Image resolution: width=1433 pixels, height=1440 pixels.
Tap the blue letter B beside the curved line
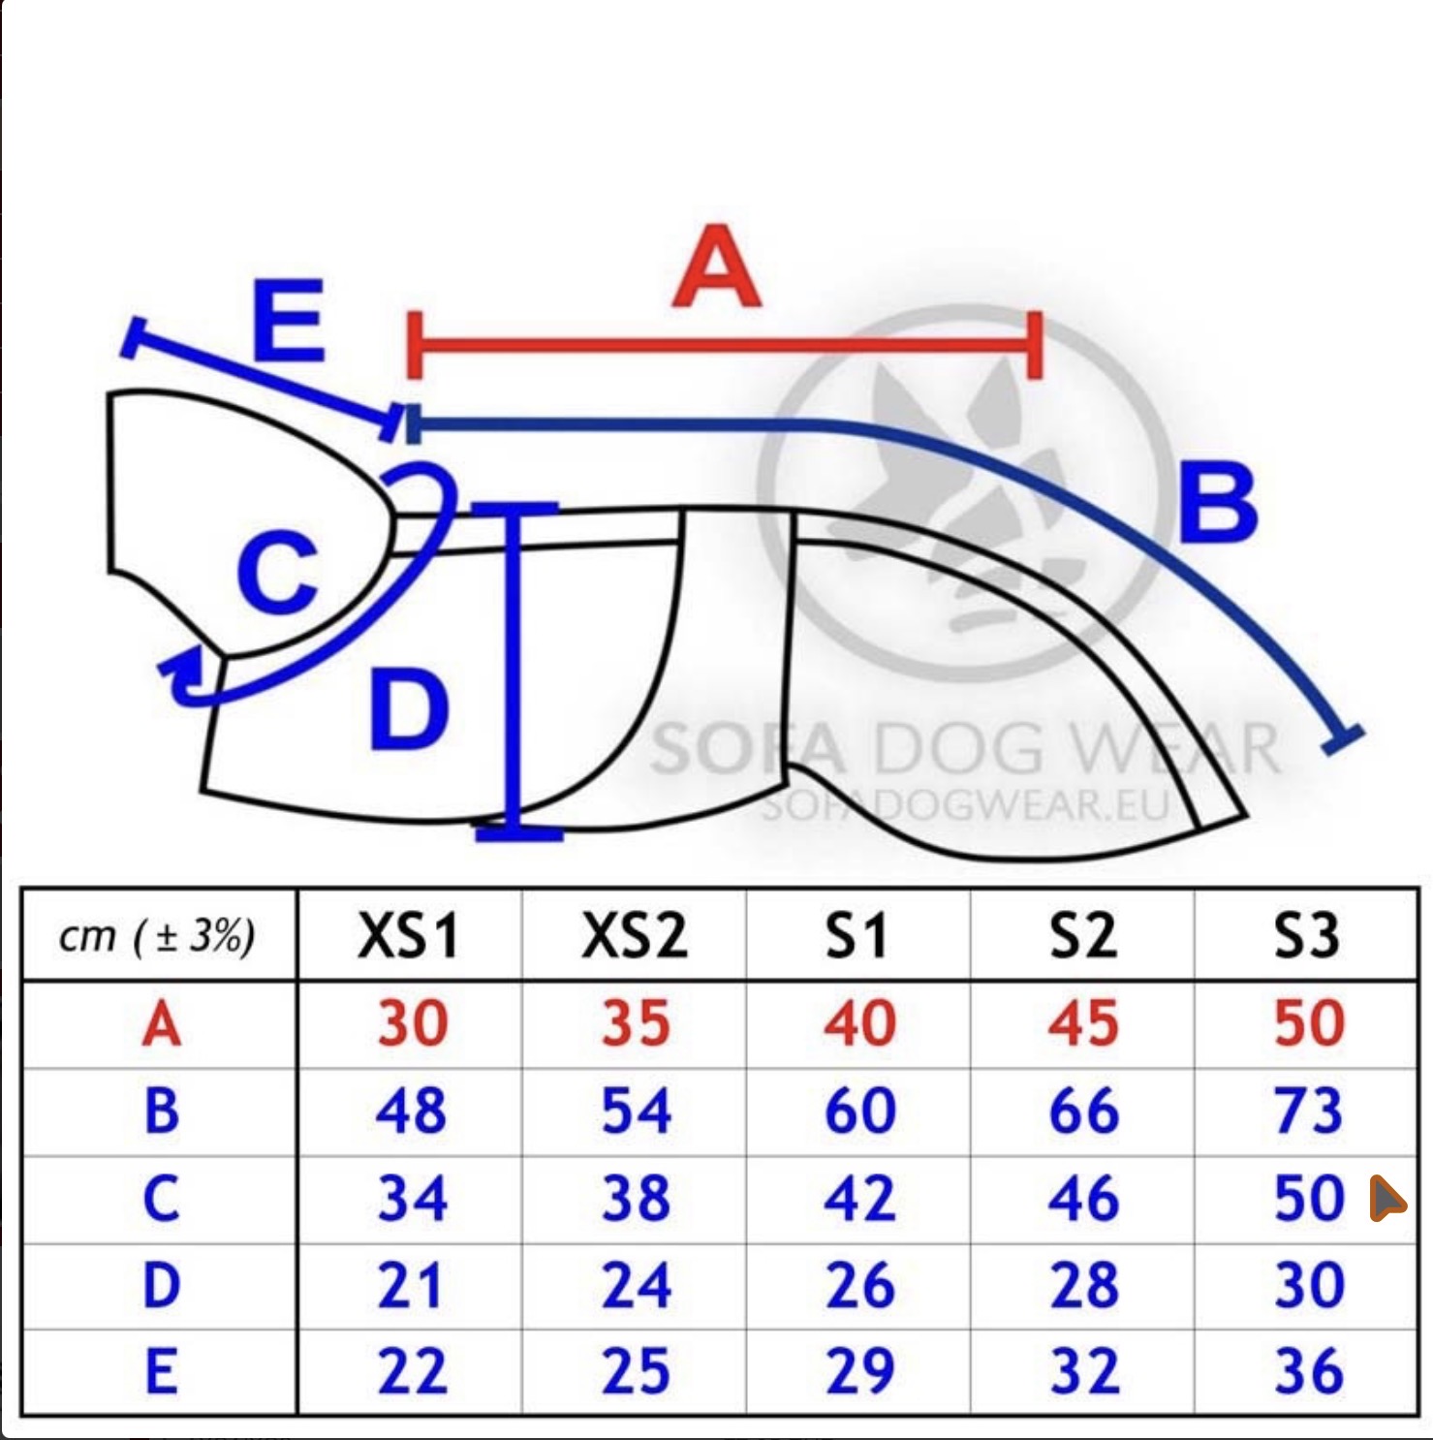1219,502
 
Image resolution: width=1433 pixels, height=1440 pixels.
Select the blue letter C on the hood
278,574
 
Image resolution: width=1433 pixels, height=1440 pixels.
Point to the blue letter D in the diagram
410,710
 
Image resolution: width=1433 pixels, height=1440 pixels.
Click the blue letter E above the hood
288,320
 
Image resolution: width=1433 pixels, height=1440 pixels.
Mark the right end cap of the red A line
1035,345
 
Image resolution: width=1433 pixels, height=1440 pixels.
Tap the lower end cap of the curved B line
1343,739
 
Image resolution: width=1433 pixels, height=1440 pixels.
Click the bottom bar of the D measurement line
519,831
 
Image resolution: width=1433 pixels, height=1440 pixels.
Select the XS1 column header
408,936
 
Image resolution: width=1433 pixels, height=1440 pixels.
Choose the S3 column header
1307,936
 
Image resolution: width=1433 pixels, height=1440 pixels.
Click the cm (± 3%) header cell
157,937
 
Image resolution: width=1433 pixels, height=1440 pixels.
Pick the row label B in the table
162,1111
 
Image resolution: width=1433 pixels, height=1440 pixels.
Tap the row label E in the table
162,1372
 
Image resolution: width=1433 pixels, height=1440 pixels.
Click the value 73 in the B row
1308,1111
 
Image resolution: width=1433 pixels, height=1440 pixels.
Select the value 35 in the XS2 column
636,1023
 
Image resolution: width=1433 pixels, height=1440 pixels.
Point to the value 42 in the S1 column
860,1198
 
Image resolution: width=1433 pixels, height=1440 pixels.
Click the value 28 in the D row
1084,1285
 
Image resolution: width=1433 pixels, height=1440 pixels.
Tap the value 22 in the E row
412,1372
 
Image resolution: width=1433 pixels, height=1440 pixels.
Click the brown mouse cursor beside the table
1386,1198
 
